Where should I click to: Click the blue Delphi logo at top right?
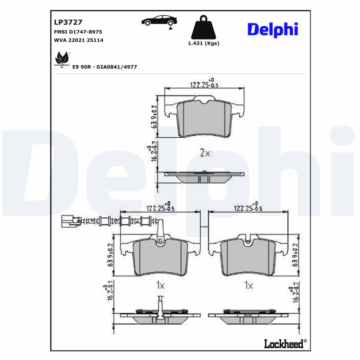click(272, 29)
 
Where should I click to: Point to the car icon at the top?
click(159, 21)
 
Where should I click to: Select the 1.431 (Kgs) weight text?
click(203, 43)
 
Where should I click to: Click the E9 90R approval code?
click(104, 67)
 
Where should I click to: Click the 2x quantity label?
click(205, 153)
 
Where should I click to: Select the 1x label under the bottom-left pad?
click(160, 285)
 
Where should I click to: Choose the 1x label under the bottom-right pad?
click(248, 285)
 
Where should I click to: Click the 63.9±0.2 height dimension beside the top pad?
click(154, 117)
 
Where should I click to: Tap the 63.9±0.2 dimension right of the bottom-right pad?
click(295, 255)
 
